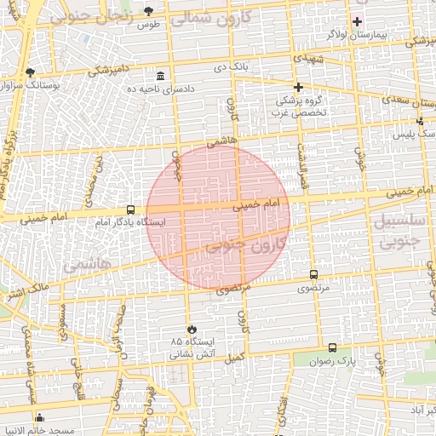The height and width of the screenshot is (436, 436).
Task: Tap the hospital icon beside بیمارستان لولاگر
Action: tap(357, 21)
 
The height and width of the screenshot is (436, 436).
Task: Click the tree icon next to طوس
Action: tap(150, 10)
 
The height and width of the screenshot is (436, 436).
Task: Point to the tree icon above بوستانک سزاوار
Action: tap(31, 72)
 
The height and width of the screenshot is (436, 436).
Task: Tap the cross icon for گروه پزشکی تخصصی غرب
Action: tap(298, 87)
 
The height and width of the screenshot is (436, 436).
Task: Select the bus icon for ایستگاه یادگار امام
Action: tap(130, 209)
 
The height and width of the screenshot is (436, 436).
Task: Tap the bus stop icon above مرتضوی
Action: tap(314, 274)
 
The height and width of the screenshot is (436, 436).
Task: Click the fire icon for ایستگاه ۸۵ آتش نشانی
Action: tap(191, 329)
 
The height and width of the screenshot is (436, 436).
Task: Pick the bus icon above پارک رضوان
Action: tap(332, 347)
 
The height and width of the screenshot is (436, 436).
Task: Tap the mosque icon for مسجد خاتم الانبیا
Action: tap(40, 418)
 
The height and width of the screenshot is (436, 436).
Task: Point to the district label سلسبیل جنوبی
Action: tap(397, 232)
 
